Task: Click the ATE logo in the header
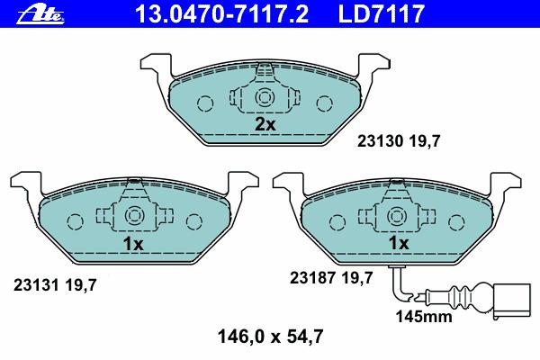[x=40, y=15]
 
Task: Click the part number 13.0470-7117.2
[x=221, y=13]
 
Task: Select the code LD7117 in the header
[x=382, y=13]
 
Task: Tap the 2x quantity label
[x=265, y=124]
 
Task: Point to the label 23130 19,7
[x=399, y=141]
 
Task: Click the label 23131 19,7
[x=55, y=285]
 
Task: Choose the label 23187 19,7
[x=331, y=278]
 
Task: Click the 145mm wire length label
[x=424, y=317]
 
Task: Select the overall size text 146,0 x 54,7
[x=271, y=337]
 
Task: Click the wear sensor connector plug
[x=512, y=301]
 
